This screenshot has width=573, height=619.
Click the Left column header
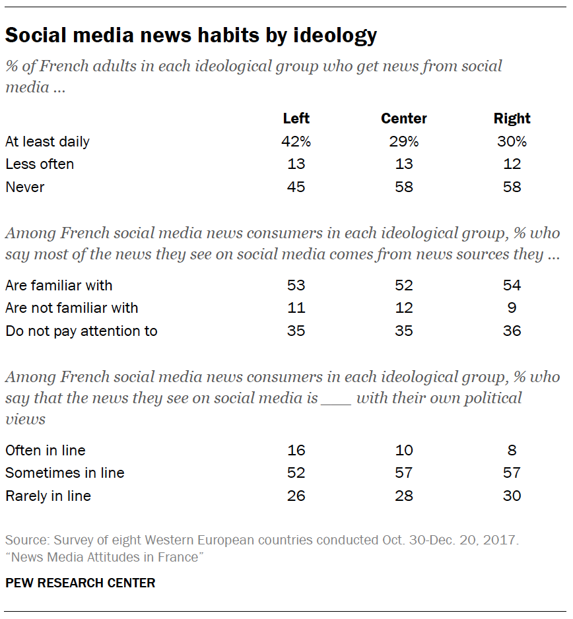point(296,119)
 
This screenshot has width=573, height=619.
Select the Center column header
point(404,119)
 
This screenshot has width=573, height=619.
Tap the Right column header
point(512,119)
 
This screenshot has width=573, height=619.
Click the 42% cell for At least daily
point(296,142)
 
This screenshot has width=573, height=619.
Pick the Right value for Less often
point(512,164)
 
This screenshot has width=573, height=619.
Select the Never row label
point(25,187)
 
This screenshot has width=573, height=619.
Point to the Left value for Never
point(296,187)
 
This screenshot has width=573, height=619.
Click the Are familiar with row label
point(59,286)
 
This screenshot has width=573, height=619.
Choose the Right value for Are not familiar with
point(512,308)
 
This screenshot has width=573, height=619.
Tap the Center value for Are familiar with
point(404,286)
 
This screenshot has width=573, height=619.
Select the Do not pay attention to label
point(81,331)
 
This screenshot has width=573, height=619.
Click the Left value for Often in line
point(296,451)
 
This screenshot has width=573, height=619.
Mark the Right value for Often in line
point(512,451)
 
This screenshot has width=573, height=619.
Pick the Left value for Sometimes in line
point(296,473)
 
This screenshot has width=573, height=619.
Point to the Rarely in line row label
point(48,496)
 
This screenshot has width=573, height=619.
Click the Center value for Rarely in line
point(404,496)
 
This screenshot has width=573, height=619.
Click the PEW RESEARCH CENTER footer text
point(81,583)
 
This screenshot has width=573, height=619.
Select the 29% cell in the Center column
point(404,142)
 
